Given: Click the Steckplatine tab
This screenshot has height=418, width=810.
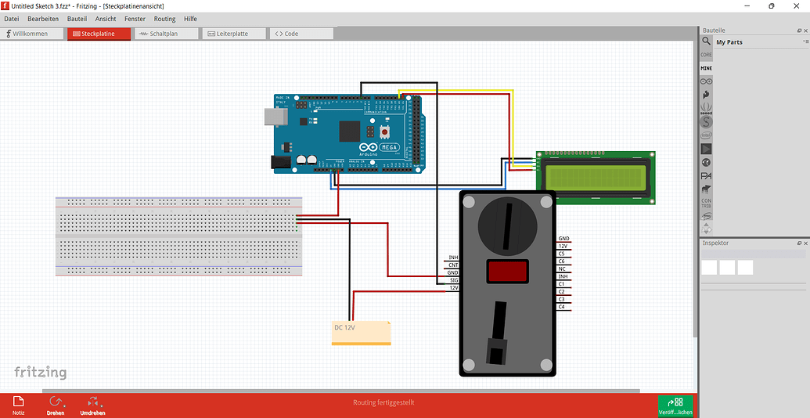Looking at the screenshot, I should tap(99, 34).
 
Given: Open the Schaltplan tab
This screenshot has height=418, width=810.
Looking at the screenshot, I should tap(166, 34).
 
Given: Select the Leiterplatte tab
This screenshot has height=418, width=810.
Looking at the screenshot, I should tap(233, 34).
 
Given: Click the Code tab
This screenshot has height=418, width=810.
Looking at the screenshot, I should tap(301, 34).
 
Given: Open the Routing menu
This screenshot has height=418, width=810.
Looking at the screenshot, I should tap(164, 18).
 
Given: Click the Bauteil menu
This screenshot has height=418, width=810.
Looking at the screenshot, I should tap(77, 18).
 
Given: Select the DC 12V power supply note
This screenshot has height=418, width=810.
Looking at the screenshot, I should tap(361, 331).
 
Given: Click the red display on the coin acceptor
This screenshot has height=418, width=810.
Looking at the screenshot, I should tap(506, 272).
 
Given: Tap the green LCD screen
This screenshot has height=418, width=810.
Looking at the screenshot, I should tap(596, 178).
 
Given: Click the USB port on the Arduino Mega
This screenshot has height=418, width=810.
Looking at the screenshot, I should tap(275, 117).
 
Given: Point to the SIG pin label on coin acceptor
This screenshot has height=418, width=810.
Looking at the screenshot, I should tap(453, 280).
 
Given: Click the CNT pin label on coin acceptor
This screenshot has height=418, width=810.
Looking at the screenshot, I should tap(453, 265).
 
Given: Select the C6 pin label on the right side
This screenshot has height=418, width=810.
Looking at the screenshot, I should tap(562, 261).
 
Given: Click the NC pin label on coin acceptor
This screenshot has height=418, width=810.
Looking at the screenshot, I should tap(562, 268).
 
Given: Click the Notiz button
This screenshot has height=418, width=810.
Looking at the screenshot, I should tap(18, 405).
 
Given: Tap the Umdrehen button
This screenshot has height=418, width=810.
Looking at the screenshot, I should tap(92, 405).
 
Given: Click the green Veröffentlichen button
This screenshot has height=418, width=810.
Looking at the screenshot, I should tap(675, 405).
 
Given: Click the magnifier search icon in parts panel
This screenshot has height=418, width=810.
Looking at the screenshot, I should tap(706, 41).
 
